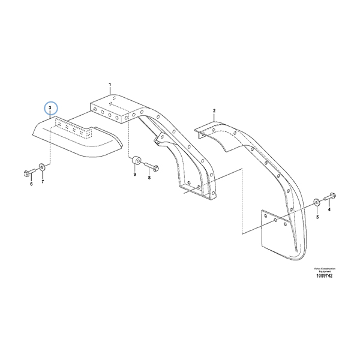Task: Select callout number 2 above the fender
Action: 214,111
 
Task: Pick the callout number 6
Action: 31,184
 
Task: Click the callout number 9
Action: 135,175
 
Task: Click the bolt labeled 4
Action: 331,196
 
